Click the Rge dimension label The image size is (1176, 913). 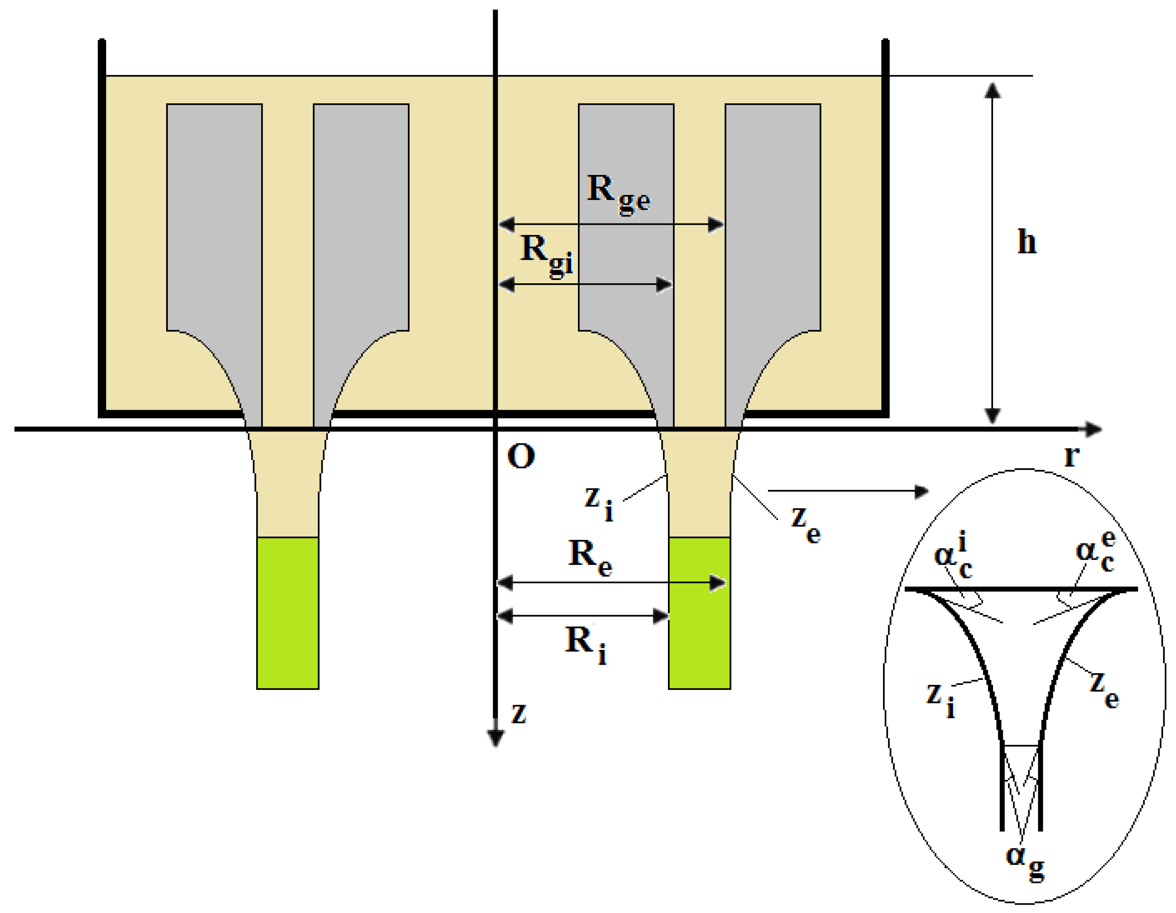(x=618, y=194)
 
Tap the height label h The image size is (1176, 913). (x=1026, y=242)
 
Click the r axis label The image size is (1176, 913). (x=1071, y=456)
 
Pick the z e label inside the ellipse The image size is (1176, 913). (x=1103, y=689)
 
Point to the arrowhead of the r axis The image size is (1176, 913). (x=1093, y=429)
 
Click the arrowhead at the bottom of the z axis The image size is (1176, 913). (x=496, y=738)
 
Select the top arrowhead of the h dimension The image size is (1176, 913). (x=992, y=90)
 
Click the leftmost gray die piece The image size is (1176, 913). (x=214, y=215)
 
